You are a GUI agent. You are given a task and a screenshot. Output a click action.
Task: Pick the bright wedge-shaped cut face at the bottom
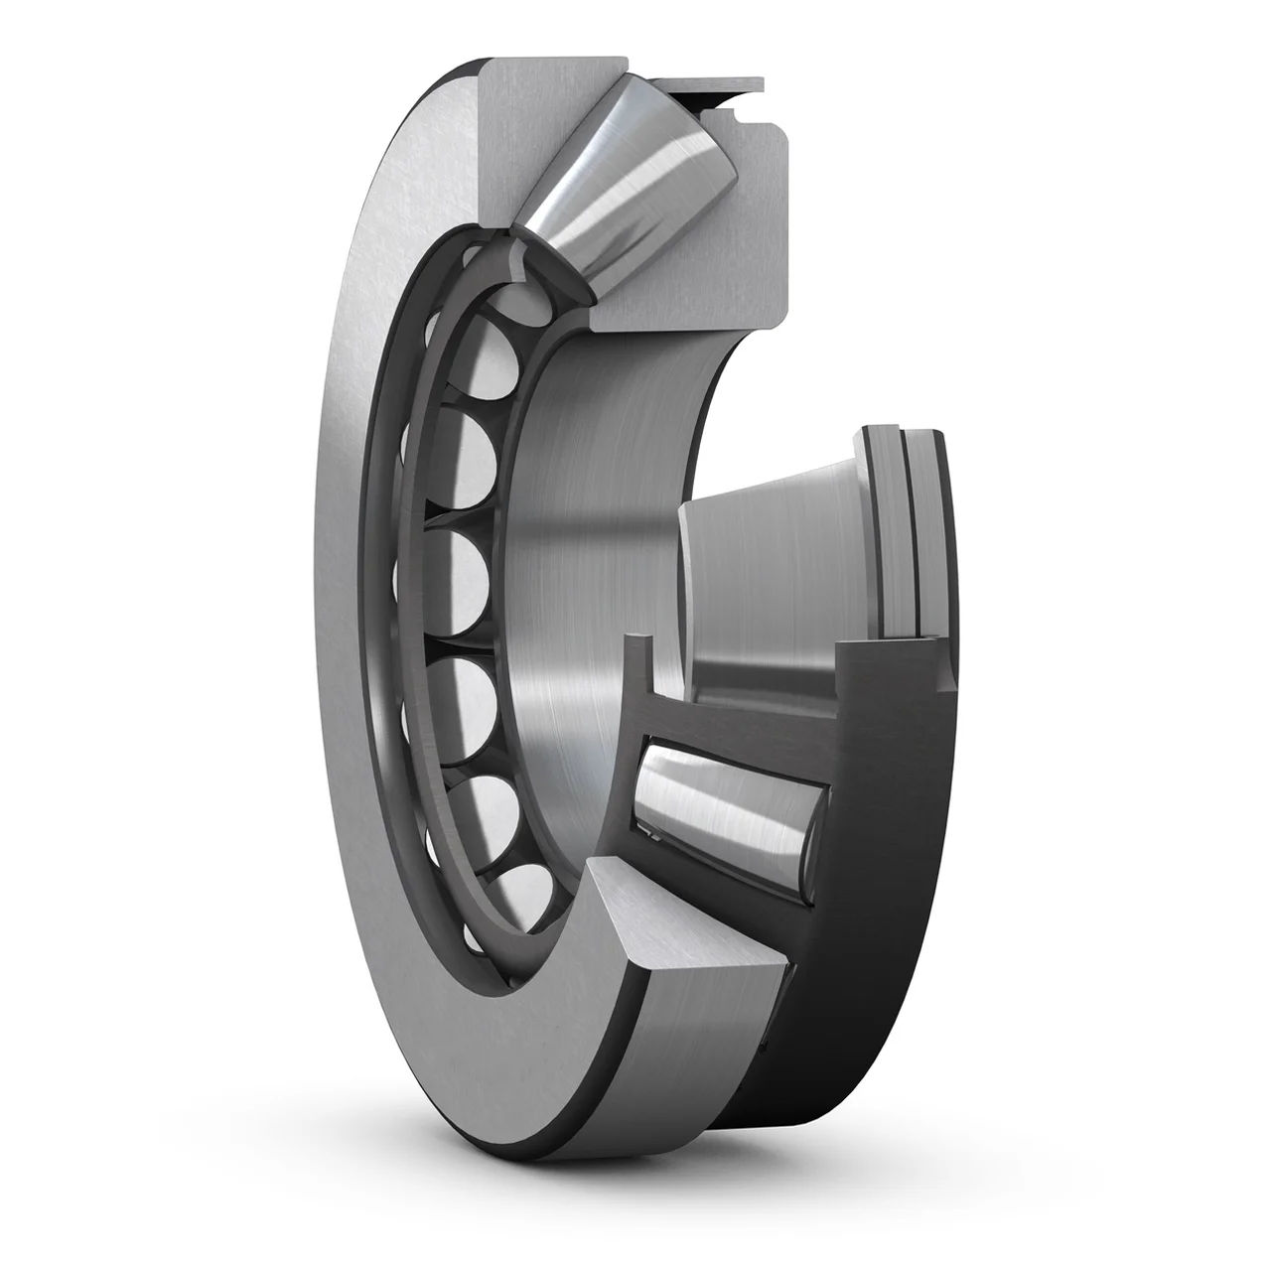(685, 928)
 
